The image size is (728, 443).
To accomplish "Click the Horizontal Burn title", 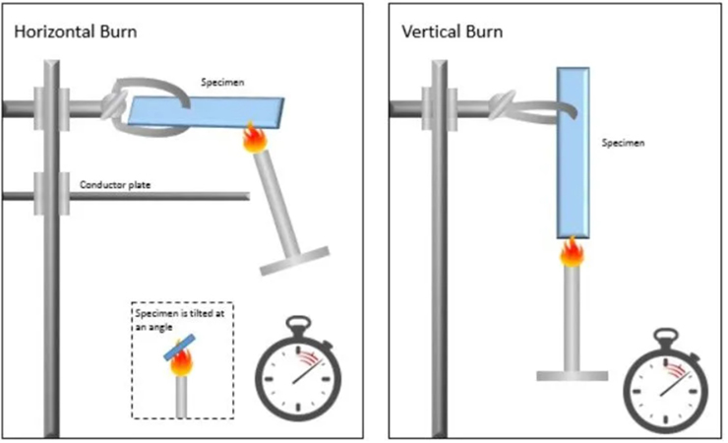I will pos(75,32).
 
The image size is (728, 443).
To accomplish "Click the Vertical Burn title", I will pos(453,32).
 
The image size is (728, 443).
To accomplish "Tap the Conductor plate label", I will pos(115,184).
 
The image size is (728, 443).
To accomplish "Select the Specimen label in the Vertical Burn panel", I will pos(624,143).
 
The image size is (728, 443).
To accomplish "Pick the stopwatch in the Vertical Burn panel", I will pos(667,380).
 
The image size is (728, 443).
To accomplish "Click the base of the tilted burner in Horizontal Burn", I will pos(293,260).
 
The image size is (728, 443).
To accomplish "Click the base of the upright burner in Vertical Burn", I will pos(572,375).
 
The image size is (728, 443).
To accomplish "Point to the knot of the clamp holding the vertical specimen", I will pos(504,103).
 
